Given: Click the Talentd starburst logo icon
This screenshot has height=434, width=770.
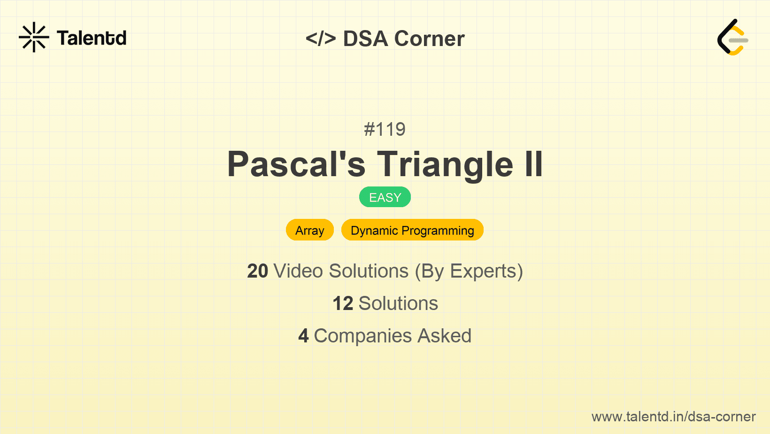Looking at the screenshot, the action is click(34, 37).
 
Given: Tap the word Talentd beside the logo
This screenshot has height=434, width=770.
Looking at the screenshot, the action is click(92, 38).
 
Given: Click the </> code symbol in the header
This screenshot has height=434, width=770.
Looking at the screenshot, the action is click(320, 39).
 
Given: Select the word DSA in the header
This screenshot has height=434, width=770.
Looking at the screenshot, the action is click(365, 39).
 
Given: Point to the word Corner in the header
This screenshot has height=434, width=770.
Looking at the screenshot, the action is click(429, 39).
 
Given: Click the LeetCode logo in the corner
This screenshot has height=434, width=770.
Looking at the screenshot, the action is click(732, 37).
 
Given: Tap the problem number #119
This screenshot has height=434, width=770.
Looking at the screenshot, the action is click(385, 129).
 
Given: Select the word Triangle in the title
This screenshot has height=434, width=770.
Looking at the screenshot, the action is click(445, 165).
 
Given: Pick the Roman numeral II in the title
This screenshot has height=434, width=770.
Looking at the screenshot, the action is click(534, 164).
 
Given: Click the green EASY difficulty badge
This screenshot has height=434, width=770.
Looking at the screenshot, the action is click(385, 197).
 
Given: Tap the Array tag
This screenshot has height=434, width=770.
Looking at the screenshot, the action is click(310, 230).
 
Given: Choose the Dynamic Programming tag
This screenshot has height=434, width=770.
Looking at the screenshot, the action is click(412, 230).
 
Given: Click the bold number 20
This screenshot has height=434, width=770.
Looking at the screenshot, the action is click(257, 271).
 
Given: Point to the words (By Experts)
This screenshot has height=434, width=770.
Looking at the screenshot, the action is click(469, 271).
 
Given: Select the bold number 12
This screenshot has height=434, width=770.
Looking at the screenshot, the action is click(343, 304).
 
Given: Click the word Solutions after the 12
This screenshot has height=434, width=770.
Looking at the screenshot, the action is click(398, 303).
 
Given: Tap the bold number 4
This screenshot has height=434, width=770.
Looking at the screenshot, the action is click(303, 336).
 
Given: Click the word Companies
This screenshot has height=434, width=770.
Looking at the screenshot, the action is click(362, 336).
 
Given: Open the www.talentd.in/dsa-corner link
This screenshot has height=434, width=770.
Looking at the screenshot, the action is click(673, 417).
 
